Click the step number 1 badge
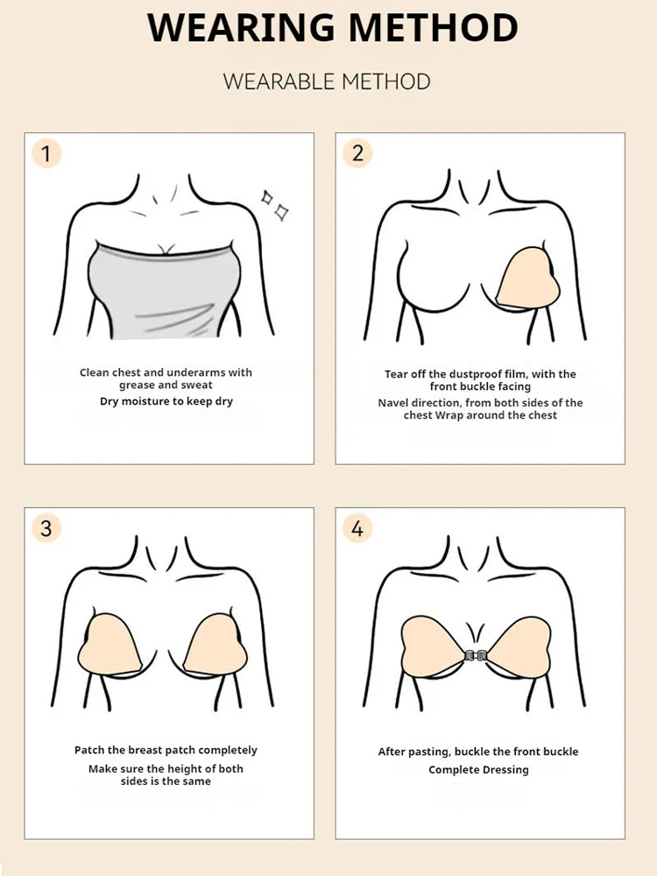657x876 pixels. pos(46,154)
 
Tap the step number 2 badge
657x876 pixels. pos(357,153)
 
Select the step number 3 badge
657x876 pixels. pos(46,528)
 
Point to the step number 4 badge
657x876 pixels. pos(357,528)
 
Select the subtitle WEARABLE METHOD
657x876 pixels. pos(327,82)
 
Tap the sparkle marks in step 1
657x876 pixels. pos(274,204)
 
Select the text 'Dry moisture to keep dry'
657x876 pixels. pos(166,401)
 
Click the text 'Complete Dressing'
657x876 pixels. pos(478,770)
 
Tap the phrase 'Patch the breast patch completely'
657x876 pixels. pos(166,750)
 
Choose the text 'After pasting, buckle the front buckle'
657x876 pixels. pos(478,752)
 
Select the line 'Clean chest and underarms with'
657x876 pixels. pos(166,372)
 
